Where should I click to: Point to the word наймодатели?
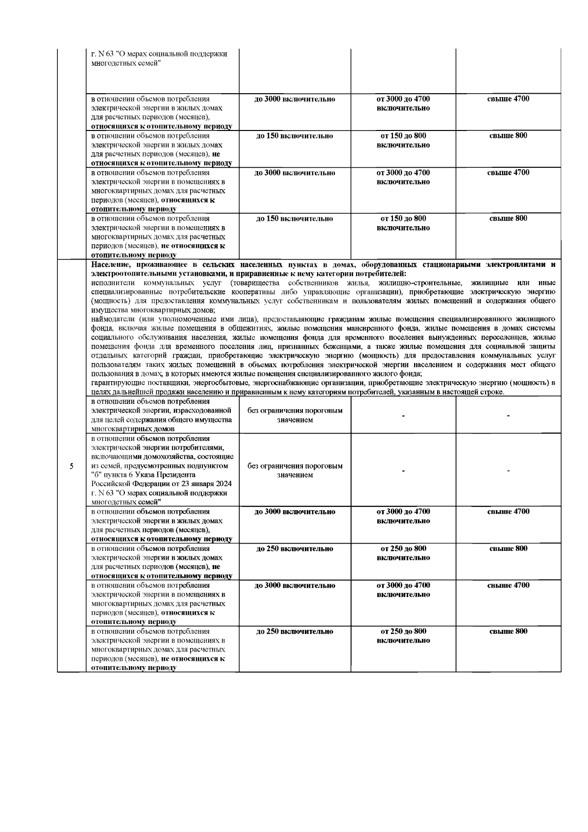[x=110, y=319]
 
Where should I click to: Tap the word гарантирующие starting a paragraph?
[x=114, y=383]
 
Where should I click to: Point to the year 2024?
[x=224, y=484]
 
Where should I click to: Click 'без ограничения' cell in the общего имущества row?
[x=295, y=415]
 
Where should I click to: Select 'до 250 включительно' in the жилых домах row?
[x=295, y=549]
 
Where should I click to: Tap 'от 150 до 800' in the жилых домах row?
[x=403, y=136]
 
